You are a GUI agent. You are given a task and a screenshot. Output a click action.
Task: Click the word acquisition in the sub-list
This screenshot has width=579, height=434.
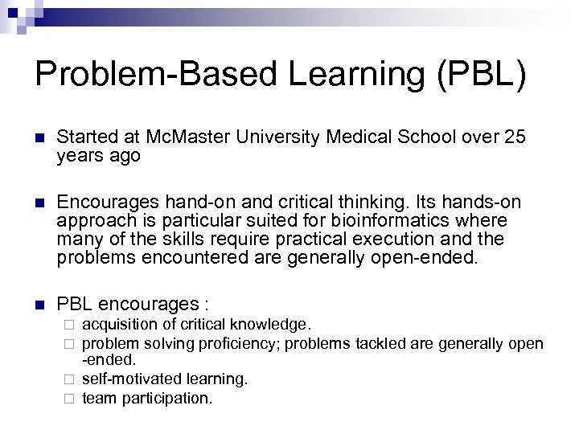point(115,325)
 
